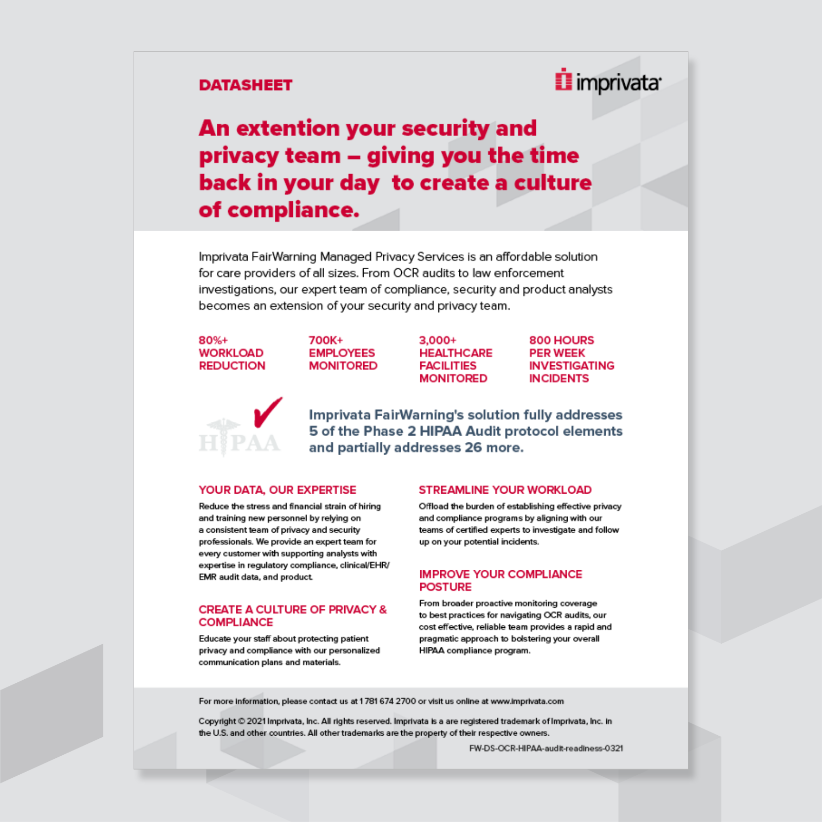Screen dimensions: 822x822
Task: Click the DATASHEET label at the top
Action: point(246,85)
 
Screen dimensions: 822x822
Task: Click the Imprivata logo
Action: point(608,82)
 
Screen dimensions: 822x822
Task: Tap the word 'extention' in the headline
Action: point(288,128)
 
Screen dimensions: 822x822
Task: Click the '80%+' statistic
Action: point(213,340)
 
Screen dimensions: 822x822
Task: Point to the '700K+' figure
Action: point(326,340)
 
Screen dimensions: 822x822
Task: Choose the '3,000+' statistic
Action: point(438,340)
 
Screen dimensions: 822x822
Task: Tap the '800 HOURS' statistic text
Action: point(562,340)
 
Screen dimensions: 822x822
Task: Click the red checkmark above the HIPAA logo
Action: point(268,412)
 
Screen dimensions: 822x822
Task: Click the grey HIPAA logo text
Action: point(240,443)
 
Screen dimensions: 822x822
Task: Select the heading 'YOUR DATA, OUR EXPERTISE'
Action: point(277,490)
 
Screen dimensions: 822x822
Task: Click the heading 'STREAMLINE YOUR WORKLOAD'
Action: point(505,490)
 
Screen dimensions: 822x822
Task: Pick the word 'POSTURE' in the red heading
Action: point(445,587)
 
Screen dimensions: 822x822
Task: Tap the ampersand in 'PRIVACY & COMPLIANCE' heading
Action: point(383,610)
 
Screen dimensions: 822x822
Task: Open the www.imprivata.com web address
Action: point(527,701)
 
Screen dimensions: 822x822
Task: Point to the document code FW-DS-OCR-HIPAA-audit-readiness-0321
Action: point(546,749)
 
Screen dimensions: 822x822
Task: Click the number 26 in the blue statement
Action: point(473,447)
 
